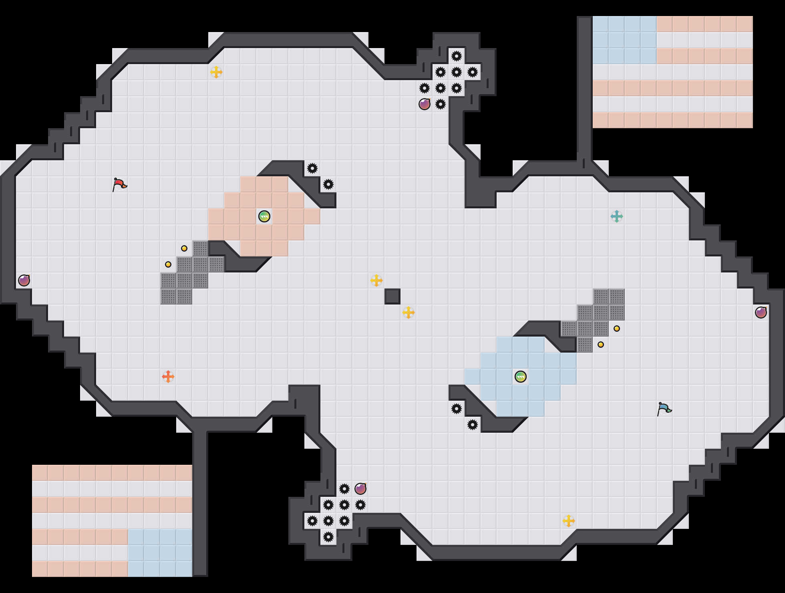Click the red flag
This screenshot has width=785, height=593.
(119, 185)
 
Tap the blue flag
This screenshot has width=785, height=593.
(664, 409)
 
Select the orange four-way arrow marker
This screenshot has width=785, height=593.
(168, 377)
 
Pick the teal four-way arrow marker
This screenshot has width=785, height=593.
(617, 216)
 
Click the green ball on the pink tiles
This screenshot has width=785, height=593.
(264, 216)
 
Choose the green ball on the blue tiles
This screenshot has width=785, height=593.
(521, 377)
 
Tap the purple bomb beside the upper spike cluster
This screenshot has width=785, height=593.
(425, 104)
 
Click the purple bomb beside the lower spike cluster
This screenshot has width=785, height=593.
(360, 489)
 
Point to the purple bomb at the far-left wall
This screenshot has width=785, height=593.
(24, 280)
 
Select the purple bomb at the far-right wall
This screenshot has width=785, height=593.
(761, 313)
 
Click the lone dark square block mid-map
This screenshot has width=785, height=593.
(392, 296)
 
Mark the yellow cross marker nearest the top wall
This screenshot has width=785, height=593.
(216, 72)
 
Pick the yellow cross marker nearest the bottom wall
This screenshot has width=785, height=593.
(569, 521)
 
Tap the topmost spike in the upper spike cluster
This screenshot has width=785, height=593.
(457, 56)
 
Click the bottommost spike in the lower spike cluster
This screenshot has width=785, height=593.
(328, 537)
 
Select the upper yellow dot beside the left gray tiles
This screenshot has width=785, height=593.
(184, 248)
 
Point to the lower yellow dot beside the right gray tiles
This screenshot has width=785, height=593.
(601, 345)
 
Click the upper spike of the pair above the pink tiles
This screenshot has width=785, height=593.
(312, 168)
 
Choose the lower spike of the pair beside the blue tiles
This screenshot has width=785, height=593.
(473, 425)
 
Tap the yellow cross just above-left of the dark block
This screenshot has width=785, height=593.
(376, 280)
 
